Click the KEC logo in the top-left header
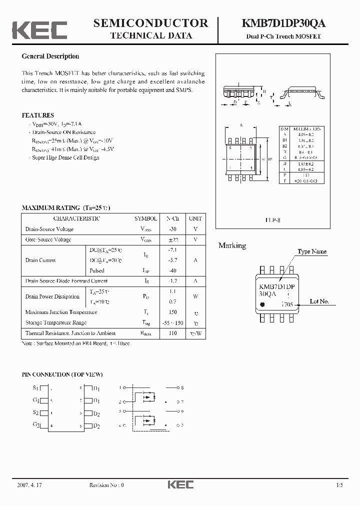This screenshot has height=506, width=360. [x=39, y=30]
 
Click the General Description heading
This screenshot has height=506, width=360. [x=50, y=56]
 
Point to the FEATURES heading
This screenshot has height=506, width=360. [x=38, y=115]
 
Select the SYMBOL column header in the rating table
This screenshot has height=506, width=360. [x=145, y=218]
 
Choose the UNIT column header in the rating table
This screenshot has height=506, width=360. [x=195, y=218]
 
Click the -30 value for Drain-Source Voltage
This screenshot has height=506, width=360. [x=172, y=229]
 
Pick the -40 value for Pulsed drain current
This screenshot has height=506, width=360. [x=172, y=270]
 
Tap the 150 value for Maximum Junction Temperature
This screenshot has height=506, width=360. [x=172, y=312]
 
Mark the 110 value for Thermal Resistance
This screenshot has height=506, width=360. [x=172, y=333]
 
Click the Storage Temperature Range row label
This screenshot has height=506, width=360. [x=56, y=322]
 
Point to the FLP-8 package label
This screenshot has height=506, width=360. [x=272, y=220]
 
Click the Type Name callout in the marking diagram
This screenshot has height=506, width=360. [x=312, y=251]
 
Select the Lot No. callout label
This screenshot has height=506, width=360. [x=319, y=301]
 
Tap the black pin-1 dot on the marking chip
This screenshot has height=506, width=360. [x=263, y=303]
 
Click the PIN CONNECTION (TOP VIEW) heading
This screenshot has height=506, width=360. [x=62, y=374]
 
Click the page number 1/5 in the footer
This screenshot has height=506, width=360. [x=340, y=485]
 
